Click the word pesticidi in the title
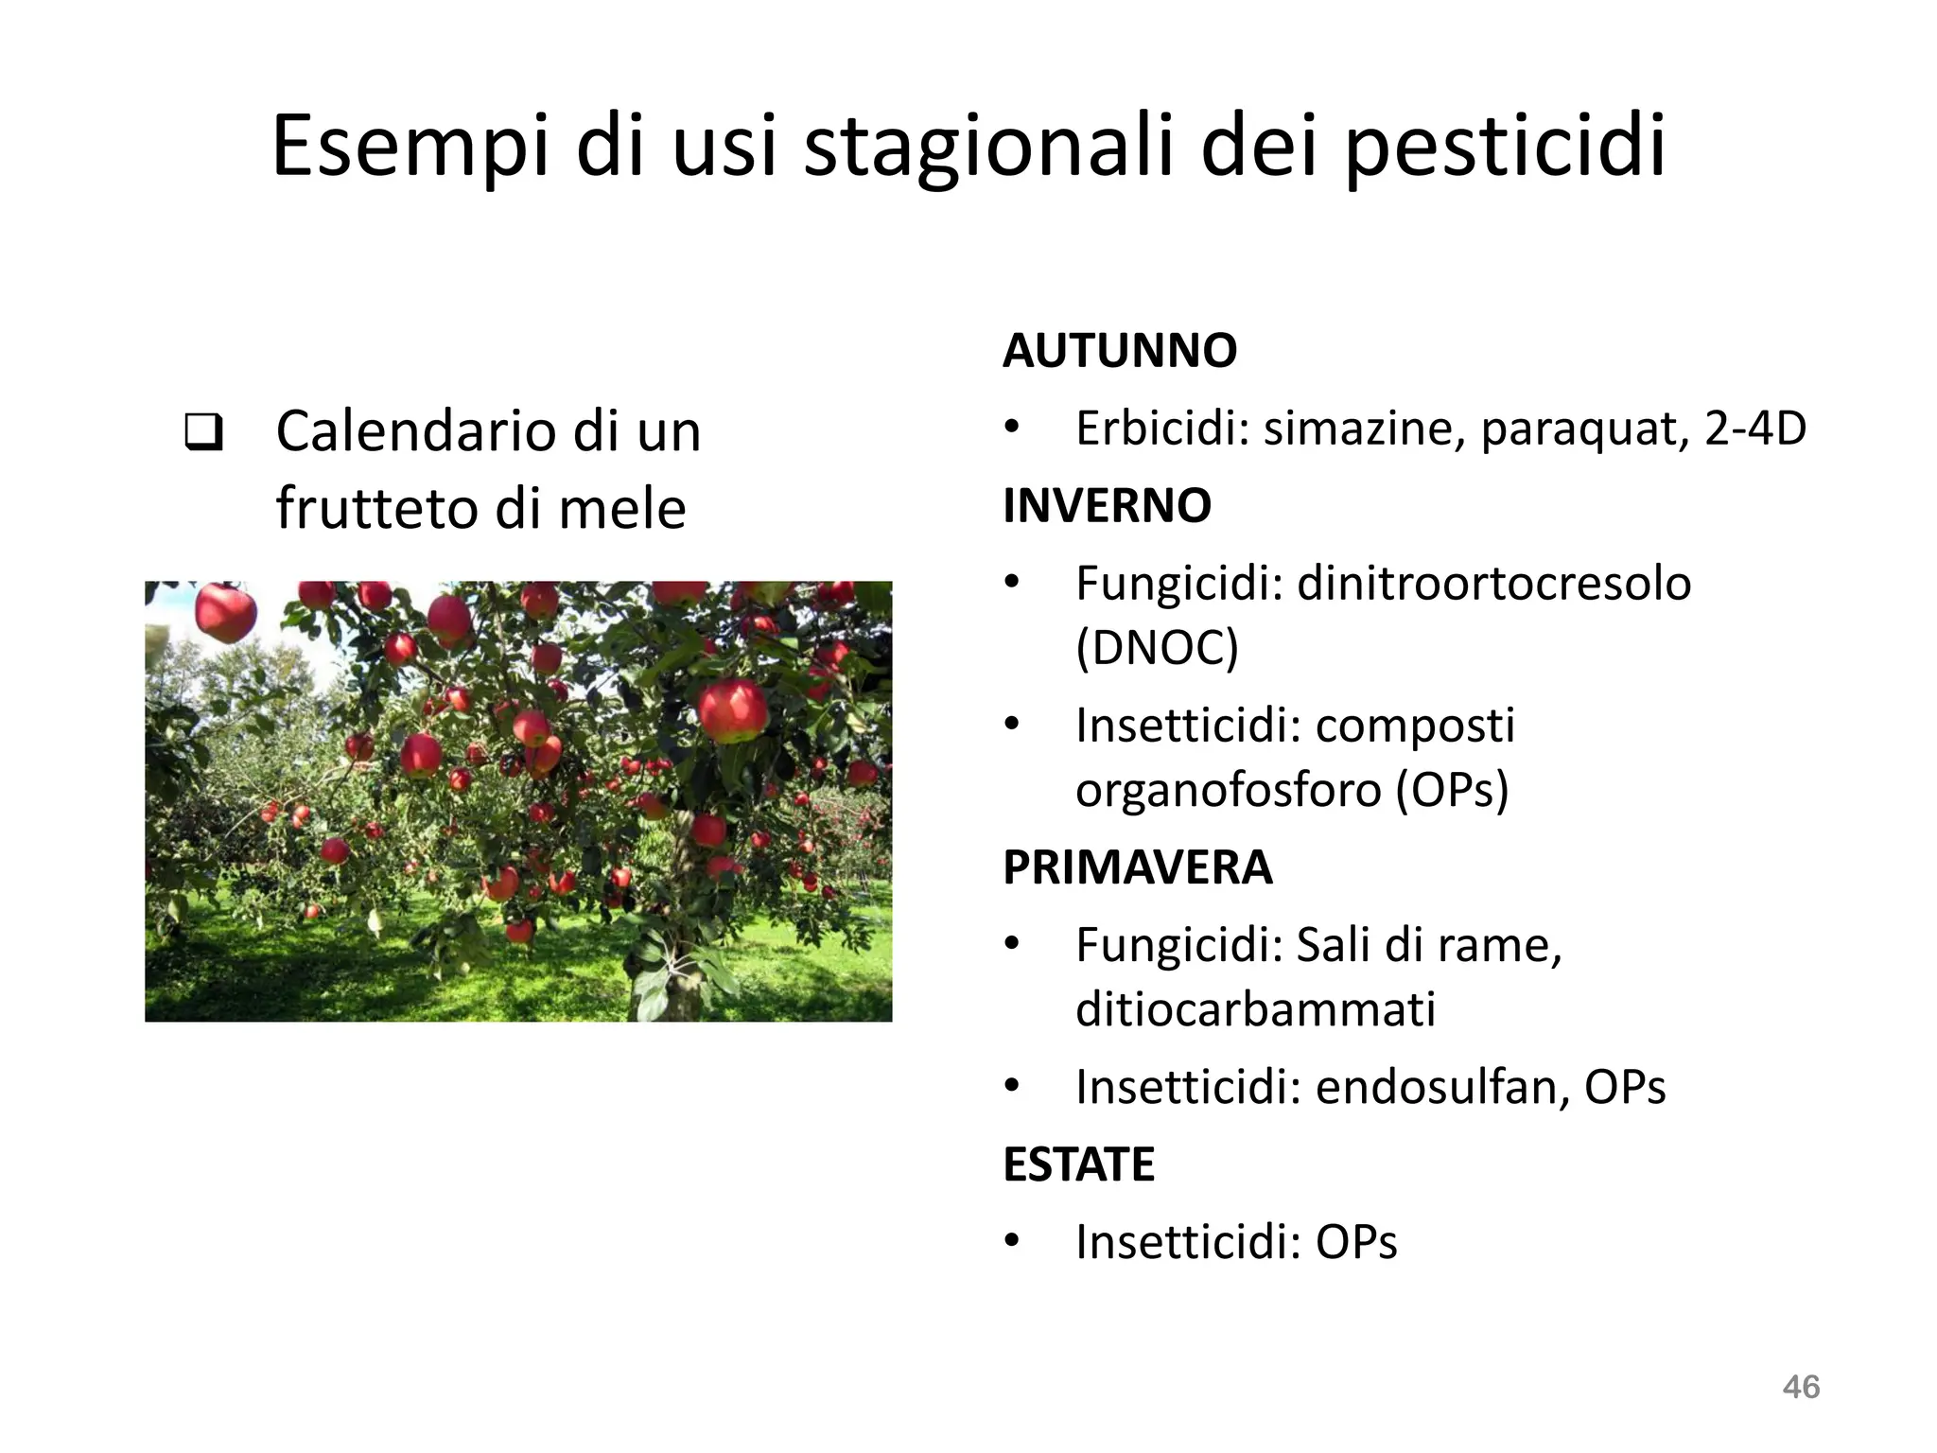pyautogui.click(x=1505, y=149)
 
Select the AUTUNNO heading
pyautogui.click(x=1120, y=351)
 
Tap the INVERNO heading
pyautogui.click(x=1107, y=505)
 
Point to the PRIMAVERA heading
pyautogui.click(x=1138, y=867)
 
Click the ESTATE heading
pyautogui.click(x=1078, y=1164)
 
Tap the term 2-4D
pyautogui.click(x=1755, y=429)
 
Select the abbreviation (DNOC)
pyautogui.click(x=1157, y=648)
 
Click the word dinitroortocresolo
pyautogui.click(x=1493, y=584)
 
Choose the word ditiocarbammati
pyautogui.click(x=1255, y=1009)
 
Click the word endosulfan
pyautogui.click(x=1435, y=1087)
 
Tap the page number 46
pyautogui.click(x=1801, y=1387)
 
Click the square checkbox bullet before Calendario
pyautogui.click(x=203, y=432)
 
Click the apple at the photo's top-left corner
pyautogui.click(x=225, y=611)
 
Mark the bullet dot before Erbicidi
pyautogui.click(x=1012, y=429)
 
